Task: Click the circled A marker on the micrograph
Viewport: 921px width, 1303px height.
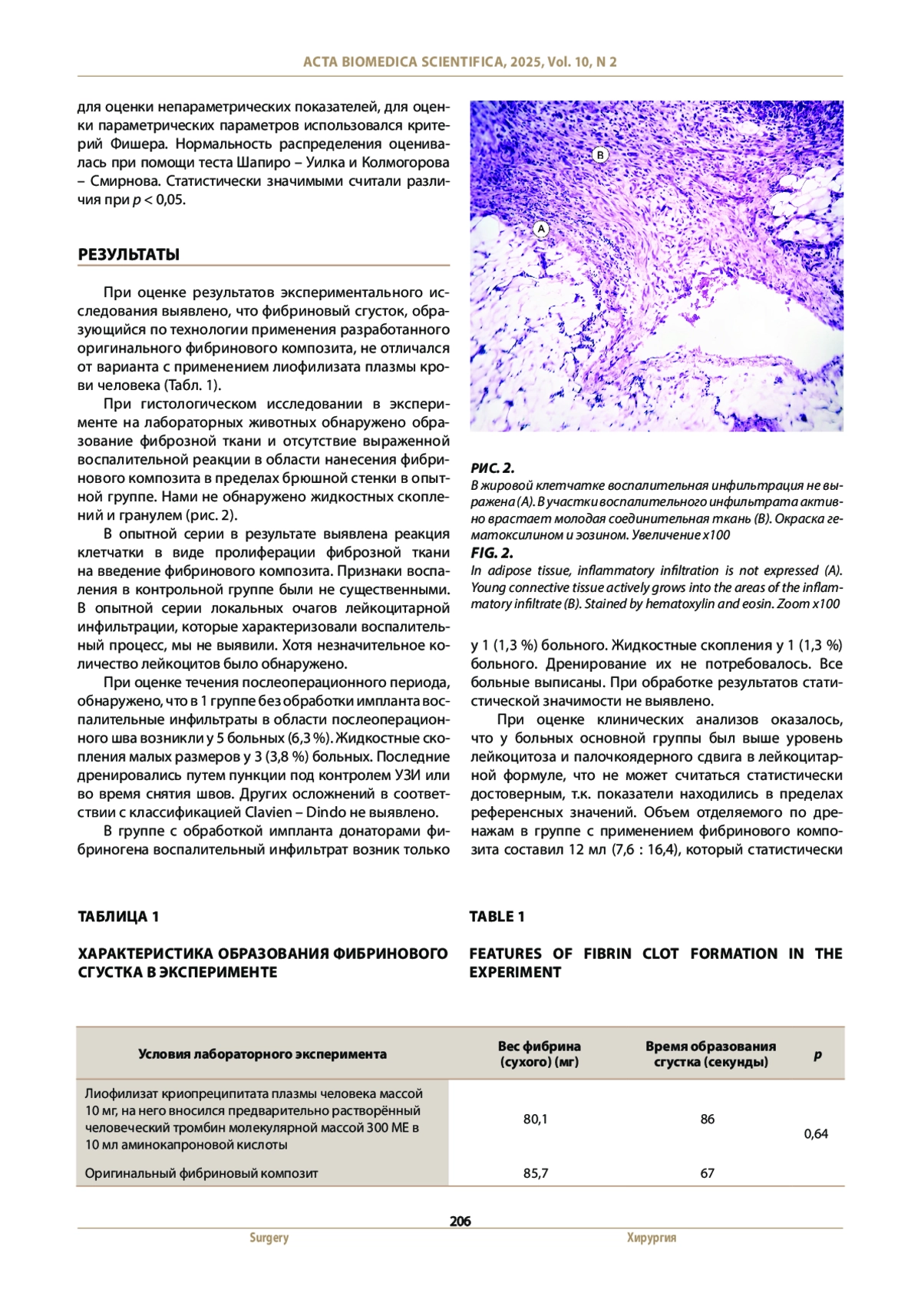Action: tap(541, 229)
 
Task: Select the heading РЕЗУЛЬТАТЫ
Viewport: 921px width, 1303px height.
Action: tap(128, 255)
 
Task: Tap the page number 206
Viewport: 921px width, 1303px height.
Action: tap(460, 1221)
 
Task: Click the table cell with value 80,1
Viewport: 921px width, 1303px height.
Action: tap(536, 1119)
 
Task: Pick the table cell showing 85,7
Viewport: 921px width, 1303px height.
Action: tap(536, 1173)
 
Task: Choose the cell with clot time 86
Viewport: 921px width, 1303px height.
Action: tap(708, 1119)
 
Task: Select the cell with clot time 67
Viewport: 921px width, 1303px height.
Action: tap(708, 1173)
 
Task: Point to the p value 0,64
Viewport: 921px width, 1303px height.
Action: tap(816, 1133)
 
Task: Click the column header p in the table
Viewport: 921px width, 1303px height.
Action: tap(817, 1054)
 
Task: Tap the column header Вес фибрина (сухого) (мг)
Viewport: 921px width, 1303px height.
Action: tap(539, 1054)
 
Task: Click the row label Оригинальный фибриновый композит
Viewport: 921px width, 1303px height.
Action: tap(201, 1173)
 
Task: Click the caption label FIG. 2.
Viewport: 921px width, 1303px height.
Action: tap(492, 553)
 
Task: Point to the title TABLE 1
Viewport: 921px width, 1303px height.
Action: tap(497, 916)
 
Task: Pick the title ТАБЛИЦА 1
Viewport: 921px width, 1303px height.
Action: tap(118, 916)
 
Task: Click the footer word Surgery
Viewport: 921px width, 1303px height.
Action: tap(269, 1238)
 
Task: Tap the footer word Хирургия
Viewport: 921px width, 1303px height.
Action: tap(652, 1238)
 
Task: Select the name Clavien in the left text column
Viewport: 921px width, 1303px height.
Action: tap(268, 812)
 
